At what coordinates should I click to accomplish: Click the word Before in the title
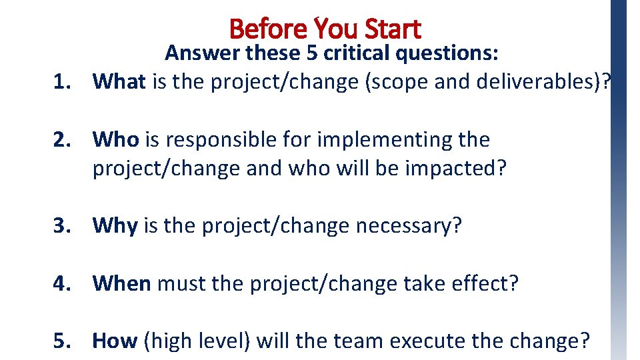click(267, 29)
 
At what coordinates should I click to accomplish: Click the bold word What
click(119, 81)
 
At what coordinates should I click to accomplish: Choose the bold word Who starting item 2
click(116, 139)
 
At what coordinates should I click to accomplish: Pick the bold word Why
click(115, 226)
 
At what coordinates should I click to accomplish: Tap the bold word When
click(121, 283)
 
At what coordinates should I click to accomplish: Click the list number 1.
click(63, 81)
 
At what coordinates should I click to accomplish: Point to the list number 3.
click(63, 226)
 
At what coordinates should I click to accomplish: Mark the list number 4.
click(63, 283)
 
